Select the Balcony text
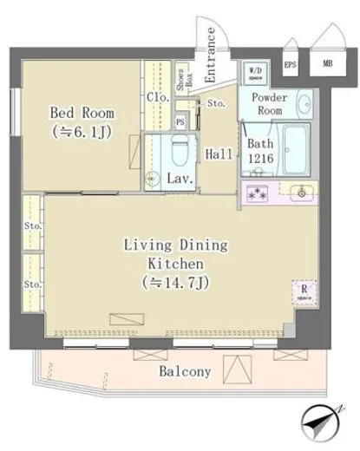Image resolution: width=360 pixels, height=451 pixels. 185,372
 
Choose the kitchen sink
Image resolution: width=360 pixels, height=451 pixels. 301,192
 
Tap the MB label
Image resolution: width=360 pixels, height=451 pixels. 327,63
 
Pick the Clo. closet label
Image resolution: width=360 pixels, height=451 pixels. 157,96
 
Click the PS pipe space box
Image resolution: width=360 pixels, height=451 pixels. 180,122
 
